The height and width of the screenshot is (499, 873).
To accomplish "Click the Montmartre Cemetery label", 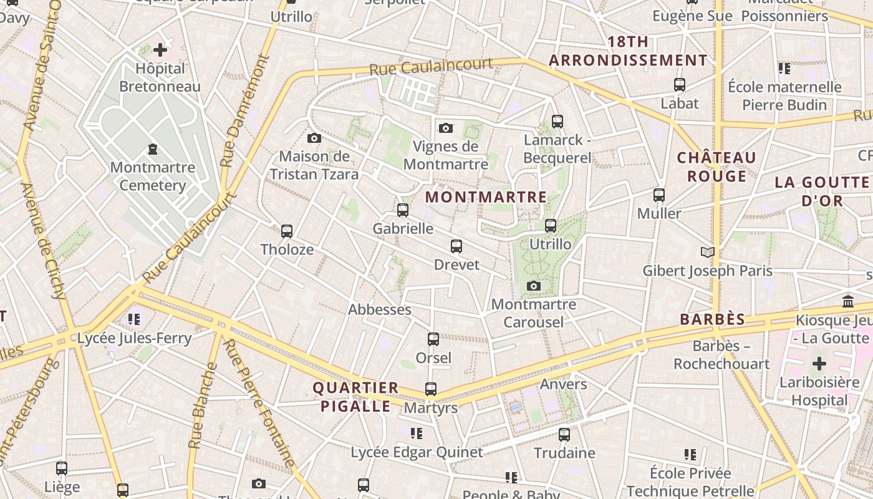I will [153, 177].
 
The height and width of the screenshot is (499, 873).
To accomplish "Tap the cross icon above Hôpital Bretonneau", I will [160, 49].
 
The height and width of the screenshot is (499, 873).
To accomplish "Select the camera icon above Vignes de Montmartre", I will [445, 128].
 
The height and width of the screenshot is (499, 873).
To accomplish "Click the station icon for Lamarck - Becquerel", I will [557, 122].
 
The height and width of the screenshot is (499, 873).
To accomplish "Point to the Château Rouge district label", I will [716, 167].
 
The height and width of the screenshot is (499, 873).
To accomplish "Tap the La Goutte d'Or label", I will [822, 191].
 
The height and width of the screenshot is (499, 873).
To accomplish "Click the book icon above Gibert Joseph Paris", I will [707, 252].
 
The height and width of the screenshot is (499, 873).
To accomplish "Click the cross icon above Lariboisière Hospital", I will [819, 364].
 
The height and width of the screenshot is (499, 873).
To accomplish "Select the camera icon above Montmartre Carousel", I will [533, 286].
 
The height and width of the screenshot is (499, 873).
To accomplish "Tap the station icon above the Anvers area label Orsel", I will [433, 339].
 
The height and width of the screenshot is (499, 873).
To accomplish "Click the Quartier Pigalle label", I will [355, 397].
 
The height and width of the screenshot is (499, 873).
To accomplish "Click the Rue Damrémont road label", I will [244, 111].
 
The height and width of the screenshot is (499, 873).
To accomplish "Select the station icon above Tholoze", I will [287, 231].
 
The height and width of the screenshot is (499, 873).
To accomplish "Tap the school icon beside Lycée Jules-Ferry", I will [134, 319].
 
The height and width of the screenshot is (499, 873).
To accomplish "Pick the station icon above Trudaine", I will [564, 434].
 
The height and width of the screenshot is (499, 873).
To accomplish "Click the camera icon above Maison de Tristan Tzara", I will [314, 138].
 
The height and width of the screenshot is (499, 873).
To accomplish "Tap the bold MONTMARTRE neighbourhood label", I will [486, 197].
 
